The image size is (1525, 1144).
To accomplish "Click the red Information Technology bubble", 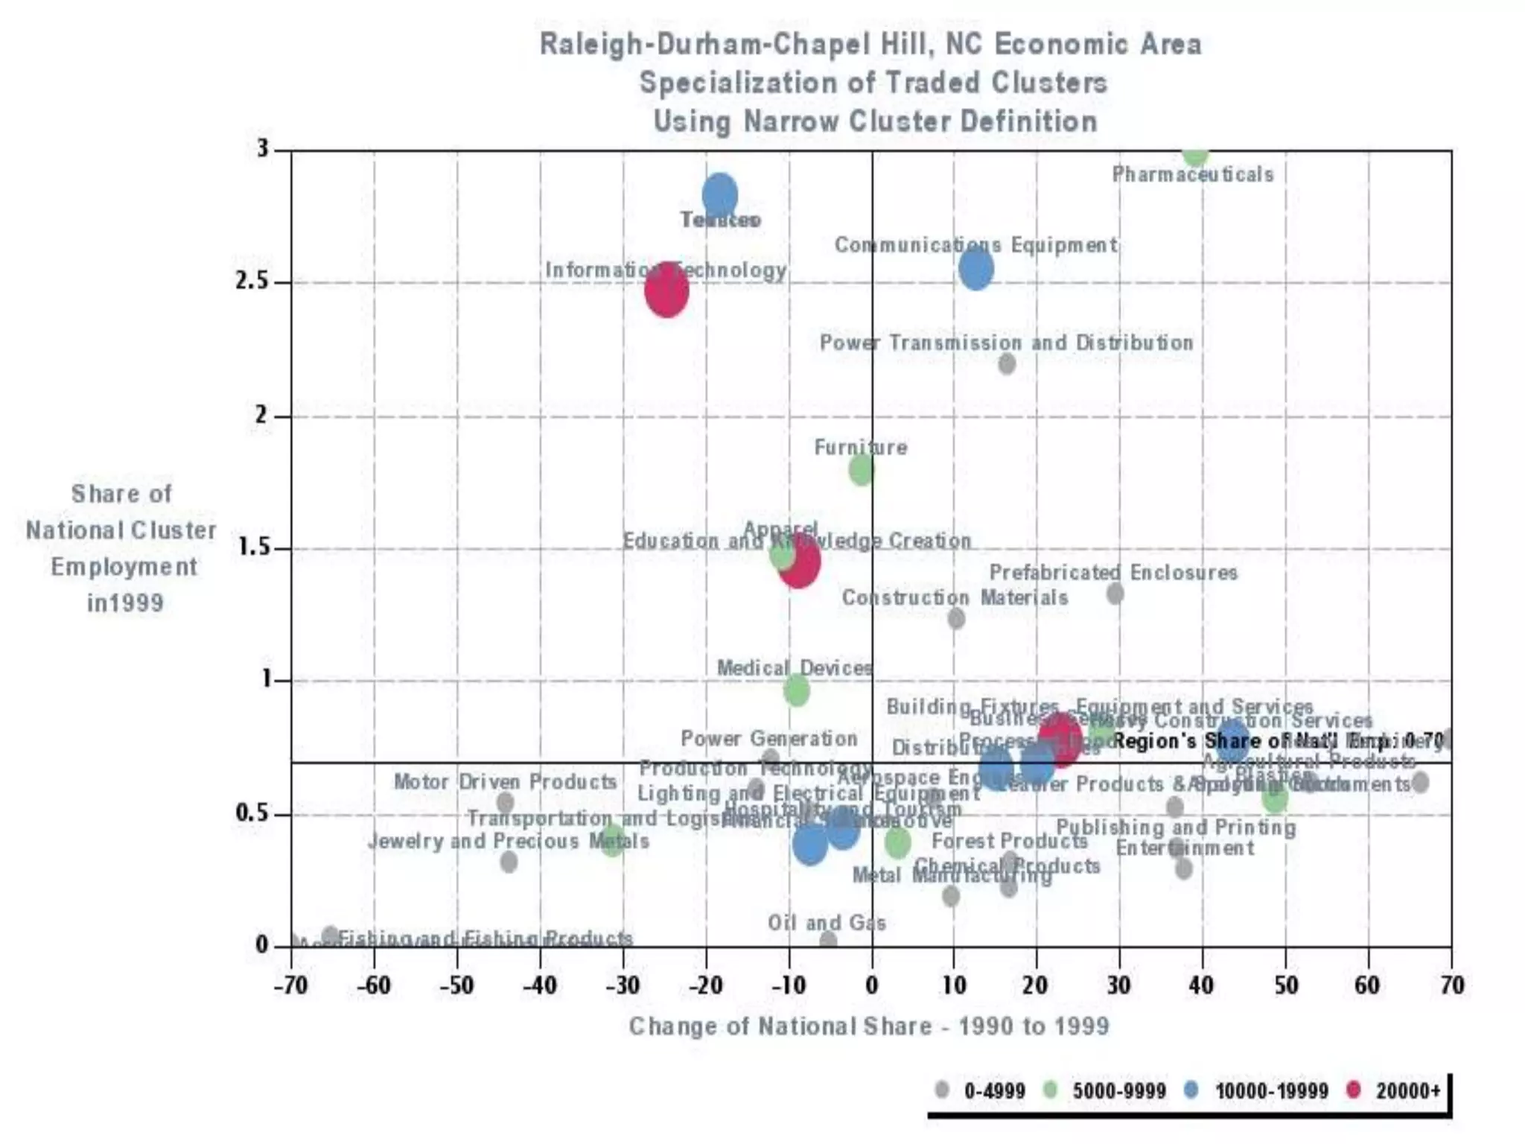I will pos(666,290).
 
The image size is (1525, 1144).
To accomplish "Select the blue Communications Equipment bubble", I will pos(975,269).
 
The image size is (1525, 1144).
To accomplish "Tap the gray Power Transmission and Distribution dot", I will pos(1007,363).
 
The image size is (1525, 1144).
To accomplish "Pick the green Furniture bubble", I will pos(862,470).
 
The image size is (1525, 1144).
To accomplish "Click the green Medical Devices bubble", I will pos(797,690).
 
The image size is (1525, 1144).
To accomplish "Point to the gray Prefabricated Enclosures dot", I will pos(1115,594).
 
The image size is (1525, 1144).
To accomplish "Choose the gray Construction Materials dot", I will pos(956,618).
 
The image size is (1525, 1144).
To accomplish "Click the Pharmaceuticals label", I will pos(1193,175).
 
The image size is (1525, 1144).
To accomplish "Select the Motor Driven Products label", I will pos(505,782).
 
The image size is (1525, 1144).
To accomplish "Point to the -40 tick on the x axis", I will pos(540,985).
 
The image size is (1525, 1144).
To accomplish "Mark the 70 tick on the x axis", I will pos(1451,985).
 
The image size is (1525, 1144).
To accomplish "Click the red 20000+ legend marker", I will pos(1354,1090).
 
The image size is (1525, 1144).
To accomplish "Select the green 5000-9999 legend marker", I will pos(1050,1090).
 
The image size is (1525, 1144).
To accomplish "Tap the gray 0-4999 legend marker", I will pos(942,1090).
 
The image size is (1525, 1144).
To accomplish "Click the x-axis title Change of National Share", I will pos(868,1026).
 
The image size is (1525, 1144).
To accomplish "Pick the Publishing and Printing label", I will pos(1176,827).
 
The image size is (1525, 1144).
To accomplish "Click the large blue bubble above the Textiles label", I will pos(720,195).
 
